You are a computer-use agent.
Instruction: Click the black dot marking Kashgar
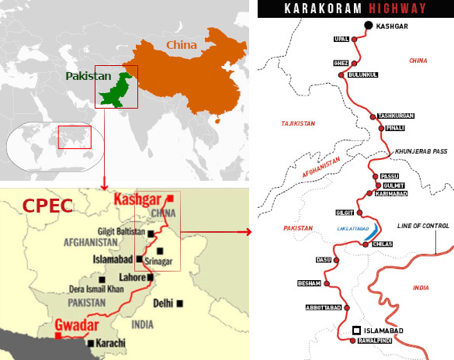coord(368,26)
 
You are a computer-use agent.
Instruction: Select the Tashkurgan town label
coord(396,116)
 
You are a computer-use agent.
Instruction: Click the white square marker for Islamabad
coord(356,330)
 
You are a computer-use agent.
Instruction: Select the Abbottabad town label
coord(324,307)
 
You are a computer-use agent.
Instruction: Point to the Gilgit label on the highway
coord(344,212)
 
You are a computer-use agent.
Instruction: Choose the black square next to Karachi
coord(92,342)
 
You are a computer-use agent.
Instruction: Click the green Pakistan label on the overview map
coord(88,77)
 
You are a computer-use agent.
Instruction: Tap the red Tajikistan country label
coord(299,123)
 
